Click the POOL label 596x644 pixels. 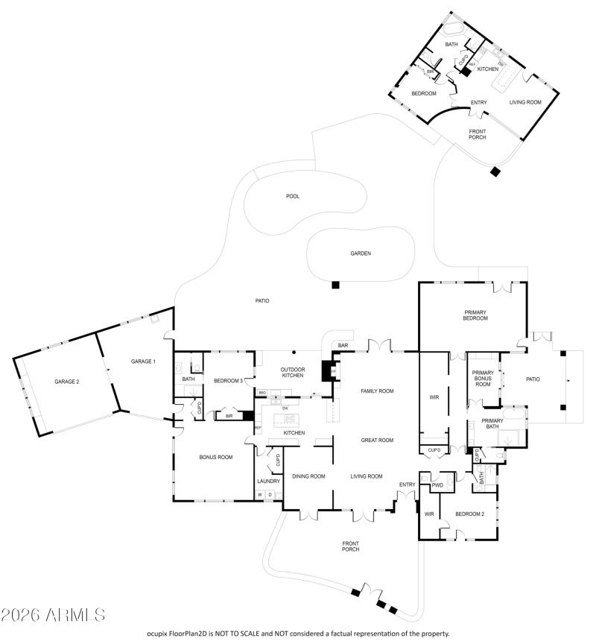[293, 196]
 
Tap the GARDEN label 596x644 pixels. [361, 253]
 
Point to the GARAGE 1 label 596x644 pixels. [143, 362]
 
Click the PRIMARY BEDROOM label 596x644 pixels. [475, 315]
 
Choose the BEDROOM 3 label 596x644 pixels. [229, 381]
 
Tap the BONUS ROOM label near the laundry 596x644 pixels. [215, 457]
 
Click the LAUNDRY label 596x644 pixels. [268, 482]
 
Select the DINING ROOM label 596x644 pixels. [308, 476]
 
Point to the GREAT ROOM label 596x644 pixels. [378, 440]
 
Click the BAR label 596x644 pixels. [343, 346]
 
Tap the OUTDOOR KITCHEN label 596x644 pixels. [292, 373]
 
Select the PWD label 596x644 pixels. [438, 485]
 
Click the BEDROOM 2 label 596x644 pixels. [470, 514]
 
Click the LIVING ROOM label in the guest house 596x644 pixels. [525, 102]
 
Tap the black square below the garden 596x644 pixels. [336, 284]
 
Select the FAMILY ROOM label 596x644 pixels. [377, 391]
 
